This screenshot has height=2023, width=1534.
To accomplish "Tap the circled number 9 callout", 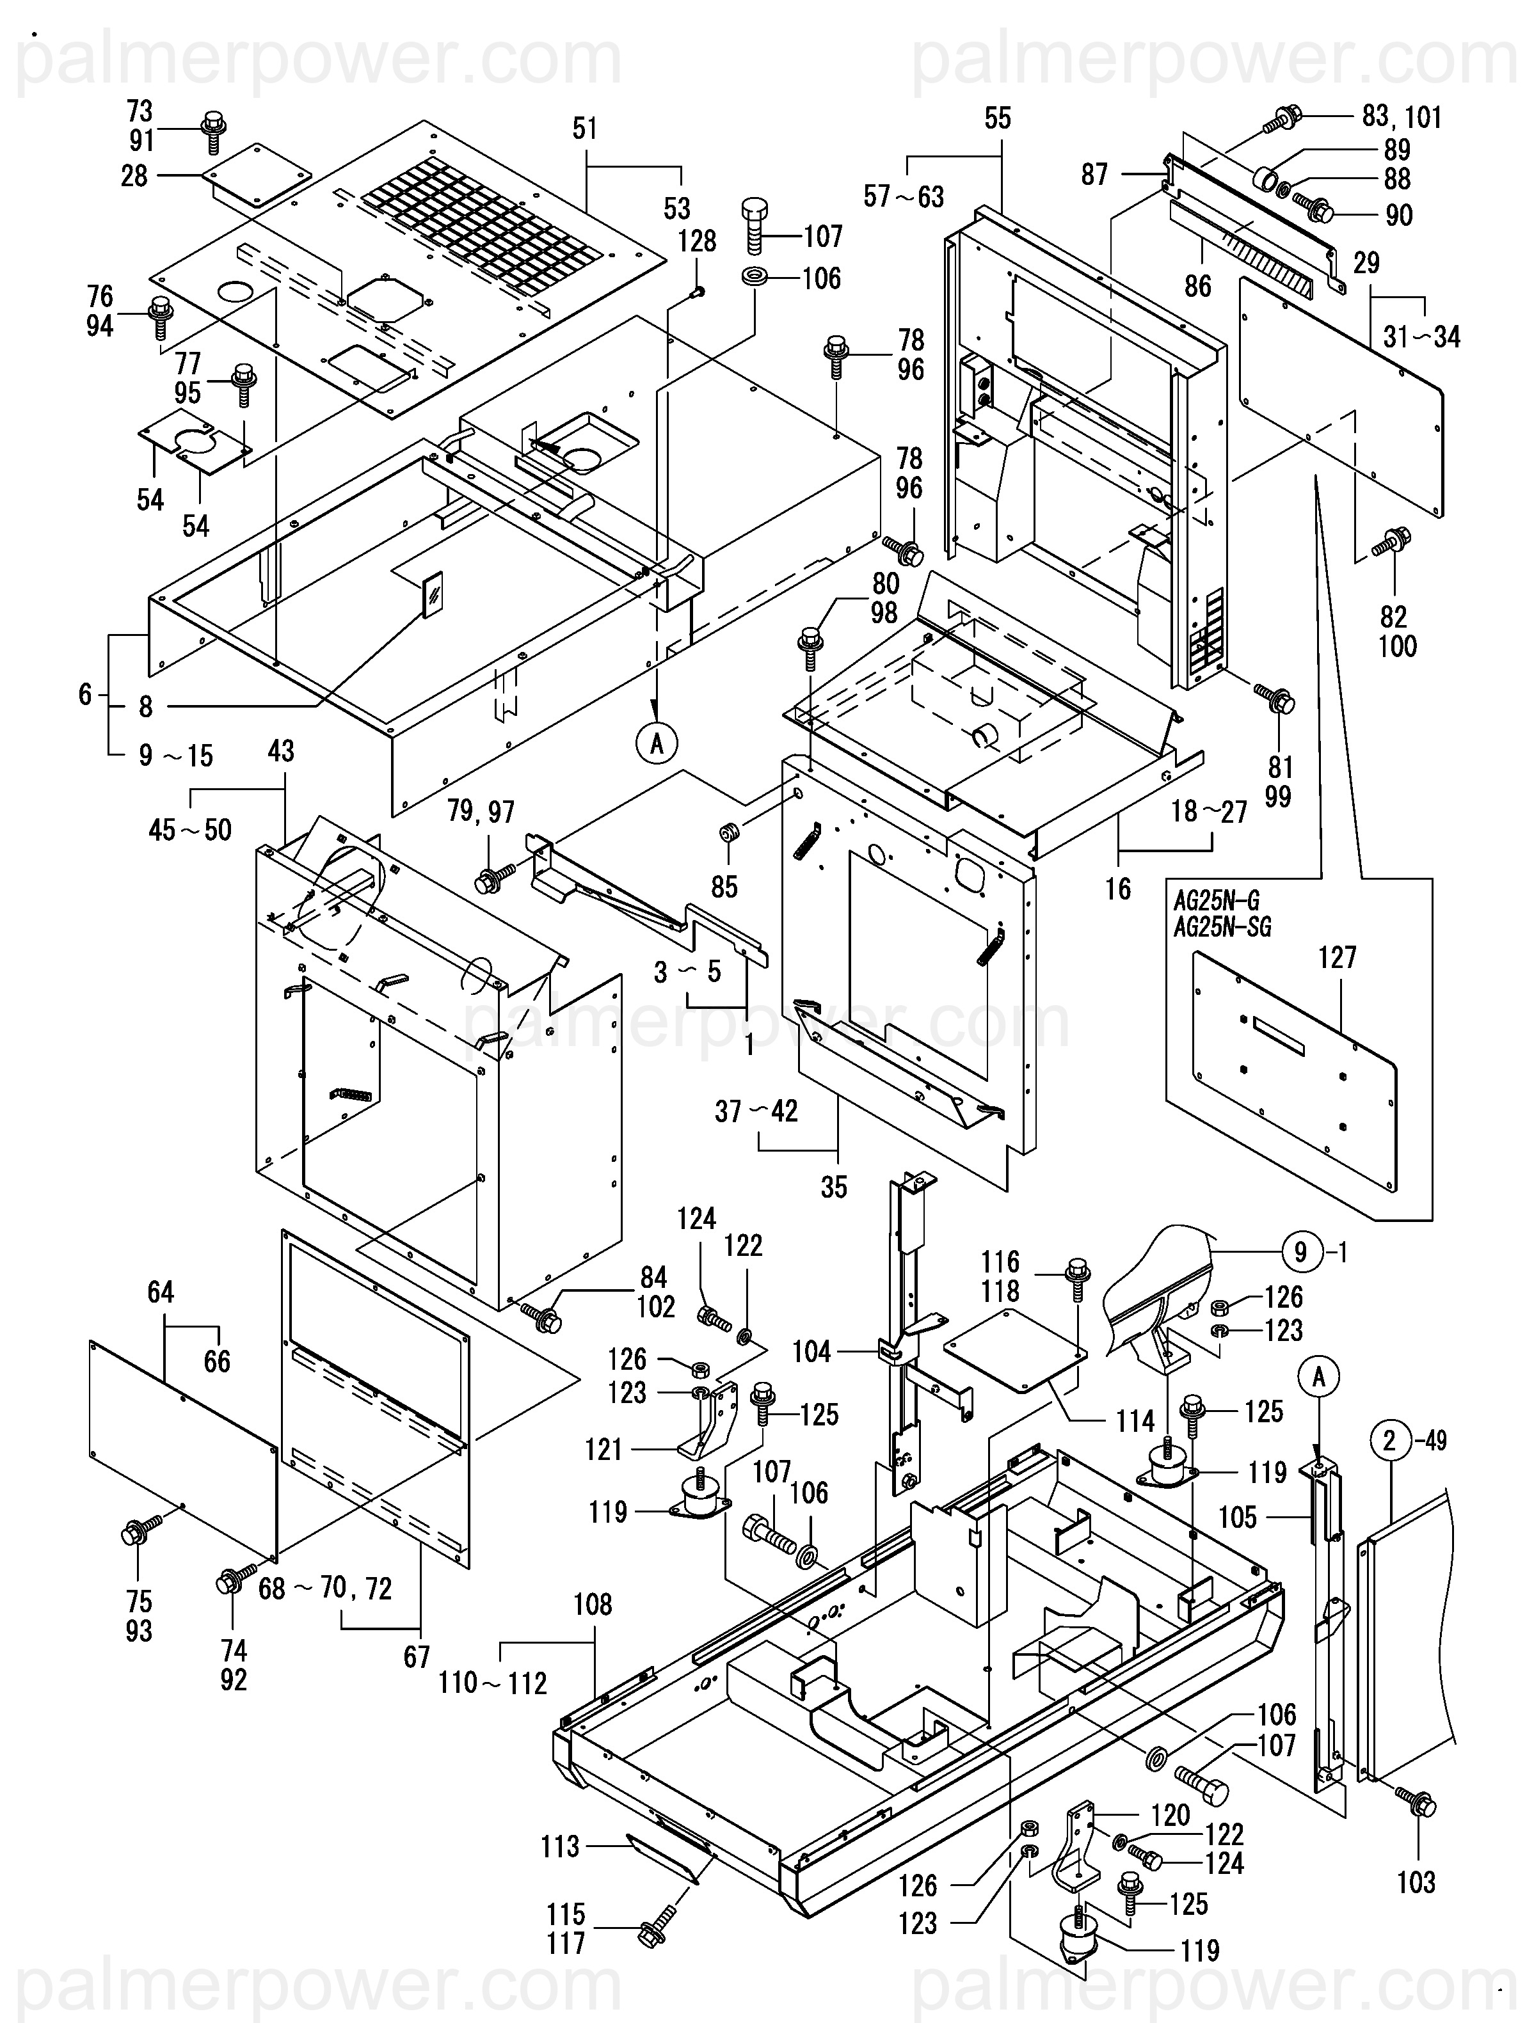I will click(1301, 1251).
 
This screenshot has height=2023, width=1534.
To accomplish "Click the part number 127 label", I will click(1338, 958).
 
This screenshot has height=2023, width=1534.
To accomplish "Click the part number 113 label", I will click(560, 1846).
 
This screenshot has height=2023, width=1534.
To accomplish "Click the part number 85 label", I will click(724, 886).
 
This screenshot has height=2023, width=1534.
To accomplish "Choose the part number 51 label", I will click(584, 129).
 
